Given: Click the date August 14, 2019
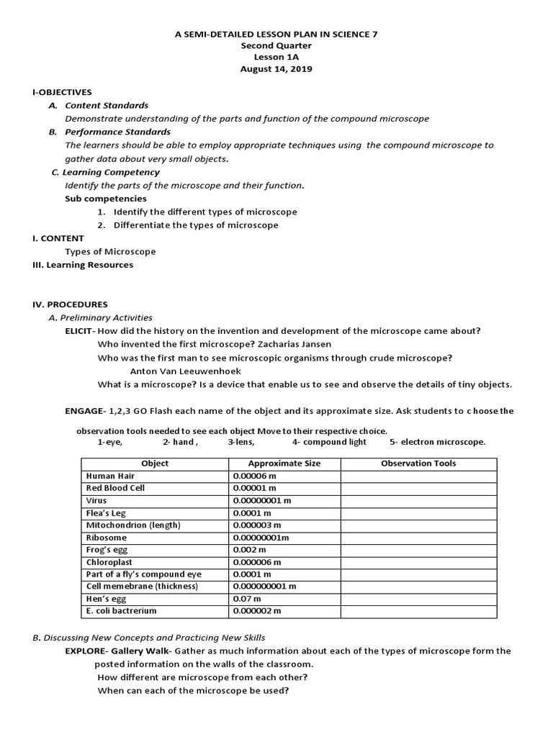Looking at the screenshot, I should click(276, 69).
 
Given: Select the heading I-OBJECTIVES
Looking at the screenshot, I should click(62, 92).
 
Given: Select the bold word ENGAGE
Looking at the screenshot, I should click(84, 411).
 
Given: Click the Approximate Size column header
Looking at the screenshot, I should click(284, 464).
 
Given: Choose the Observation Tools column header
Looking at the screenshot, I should click(418, 464).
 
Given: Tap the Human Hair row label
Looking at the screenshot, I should click(110, 476).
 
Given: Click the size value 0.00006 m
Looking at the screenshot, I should click(256, 476).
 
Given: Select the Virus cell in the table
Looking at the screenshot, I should click(96, 500).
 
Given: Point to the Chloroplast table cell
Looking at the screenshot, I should click(109, 561).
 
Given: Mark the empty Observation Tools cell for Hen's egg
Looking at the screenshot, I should click(418, 599).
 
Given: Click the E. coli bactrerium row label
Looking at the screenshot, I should click(121, 611).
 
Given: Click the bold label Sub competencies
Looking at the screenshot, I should click(106, 199).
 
